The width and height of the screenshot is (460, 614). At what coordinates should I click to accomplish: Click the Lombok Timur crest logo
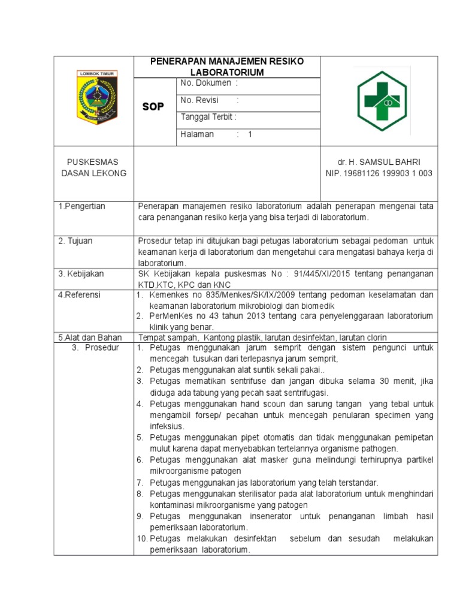tap(95, 97)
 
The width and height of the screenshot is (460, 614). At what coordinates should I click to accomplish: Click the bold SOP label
tap(153, 107)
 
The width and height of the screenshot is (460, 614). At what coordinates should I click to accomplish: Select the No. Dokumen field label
tap(205, 83)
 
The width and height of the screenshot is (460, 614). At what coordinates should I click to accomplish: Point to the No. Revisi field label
tap(201, 100)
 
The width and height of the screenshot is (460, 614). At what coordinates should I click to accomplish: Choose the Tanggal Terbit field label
tap(208, 117)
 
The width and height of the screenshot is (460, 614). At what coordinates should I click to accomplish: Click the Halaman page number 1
tap(250, 134)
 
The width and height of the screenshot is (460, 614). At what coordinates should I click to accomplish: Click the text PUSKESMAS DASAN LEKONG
tap(93, 168)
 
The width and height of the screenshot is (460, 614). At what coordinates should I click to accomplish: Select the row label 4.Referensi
tap(80, 295)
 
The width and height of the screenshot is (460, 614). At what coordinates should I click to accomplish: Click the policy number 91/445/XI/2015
tap(323, 274)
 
